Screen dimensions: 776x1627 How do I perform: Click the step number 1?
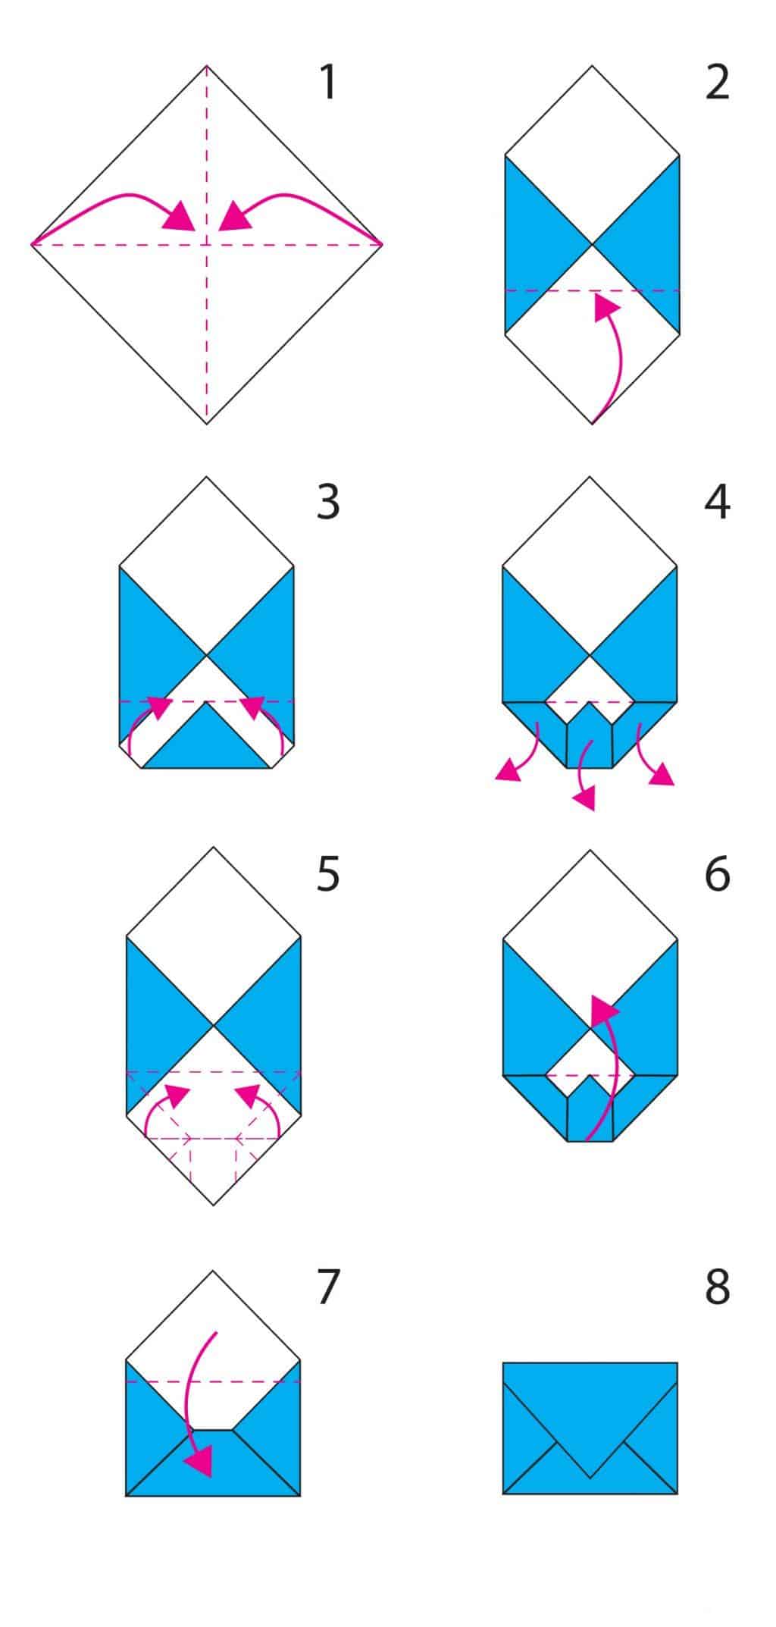[x=328, y=83]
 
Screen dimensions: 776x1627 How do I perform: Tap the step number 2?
[x=717, y=83]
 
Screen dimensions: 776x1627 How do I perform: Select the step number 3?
[x=328, y=502]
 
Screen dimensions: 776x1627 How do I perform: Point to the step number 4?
[x=718, y=502]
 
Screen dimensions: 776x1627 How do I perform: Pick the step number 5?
[x=328, y=873]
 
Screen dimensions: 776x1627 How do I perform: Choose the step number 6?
[x=718, y=873]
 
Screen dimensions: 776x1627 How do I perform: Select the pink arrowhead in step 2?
[x=605, y=308]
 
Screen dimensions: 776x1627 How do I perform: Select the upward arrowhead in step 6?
[x=604, y=1009]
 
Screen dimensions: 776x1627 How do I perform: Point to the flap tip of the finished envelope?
[x=590, y=1478]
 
